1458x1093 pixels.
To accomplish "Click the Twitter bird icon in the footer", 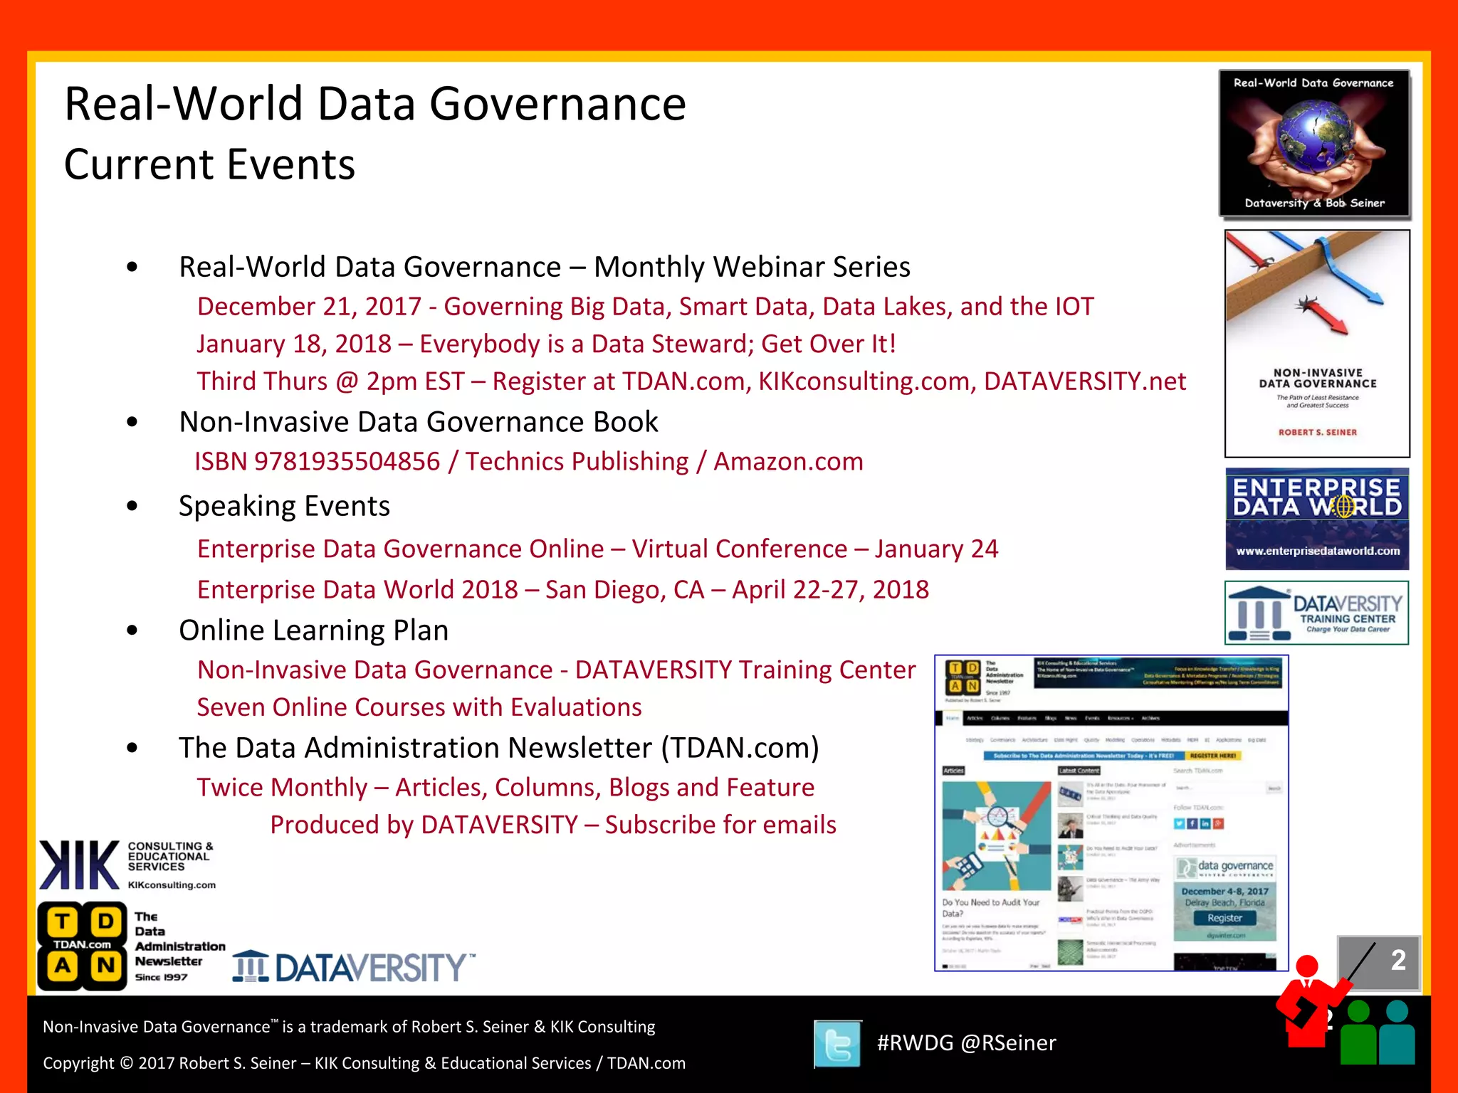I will pyautogui.click(x=837, y=1044).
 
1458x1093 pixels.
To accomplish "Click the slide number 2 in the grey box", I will pyautogui.click(x=1398, y=960).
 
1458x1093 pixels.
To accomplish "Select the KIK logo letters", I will pyautogui.click(x=79, y=865).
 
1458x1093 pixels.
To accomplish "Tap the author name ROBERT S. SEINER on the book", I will pyautogui.click(x=1317, y=432).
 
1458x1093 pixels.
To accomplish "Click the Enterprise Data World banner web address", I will pyautogui.click(x=1317, y=551).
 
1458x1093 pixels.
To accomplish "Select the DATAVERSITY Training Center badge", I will pyautogui.click(x=1316, y=613).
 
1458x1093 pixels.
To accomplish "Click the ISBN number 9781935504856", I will pyautogui.click(x=347, y=462).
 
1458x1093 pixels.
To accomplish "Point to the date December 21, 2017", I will pyautogui.click(x=309, y=307).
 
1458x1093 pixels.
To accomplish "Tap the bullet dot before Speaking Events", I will pyautogui.click(x=132, y=507).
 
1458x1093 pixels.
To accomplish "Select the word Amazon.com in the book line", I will pyautogui.click(x=788, y=462).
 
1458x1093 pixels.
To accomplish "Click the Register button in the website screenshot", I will pyautogui.click(x=1224, y=918).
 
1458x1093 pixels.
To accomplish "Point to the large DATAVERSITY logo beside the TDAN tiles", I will pyautogui.click(x=353, y=967).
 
